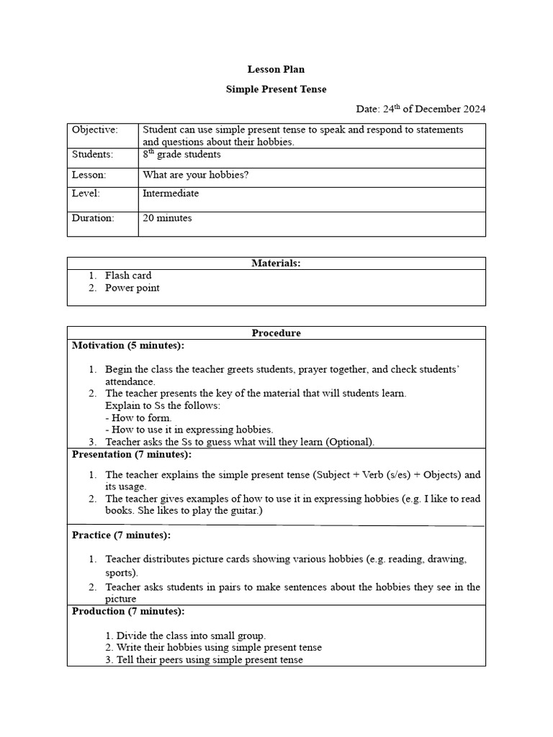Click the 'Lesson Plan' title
tap(276, 69)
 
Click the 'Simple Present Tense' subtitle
tap(276, 89)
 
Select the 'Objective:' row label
tap(94, 130)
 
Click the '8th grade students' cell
tap(181, 155)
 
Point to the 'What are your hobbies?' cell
tap(195, 175)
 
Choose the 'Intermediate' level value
tap(171, 194)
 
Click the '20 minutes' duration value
tap(167, 218)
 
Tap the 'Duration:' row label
tap(93, 218)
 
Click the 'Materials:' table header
tap(276, 263)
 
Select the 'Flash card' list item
tap(128, 276)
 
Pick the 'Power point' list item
tap(132, 288)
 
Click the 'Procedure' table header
tap(276, 333)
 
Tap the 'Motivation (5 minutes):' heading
tap(128, 345)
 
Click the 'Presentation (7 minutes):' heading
tap(132, 455)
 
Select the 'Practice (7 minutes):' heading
tap(121, 535)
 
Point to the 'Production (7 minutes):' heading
tap(128, 611)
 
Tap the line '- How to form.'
tap(138, 417)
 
